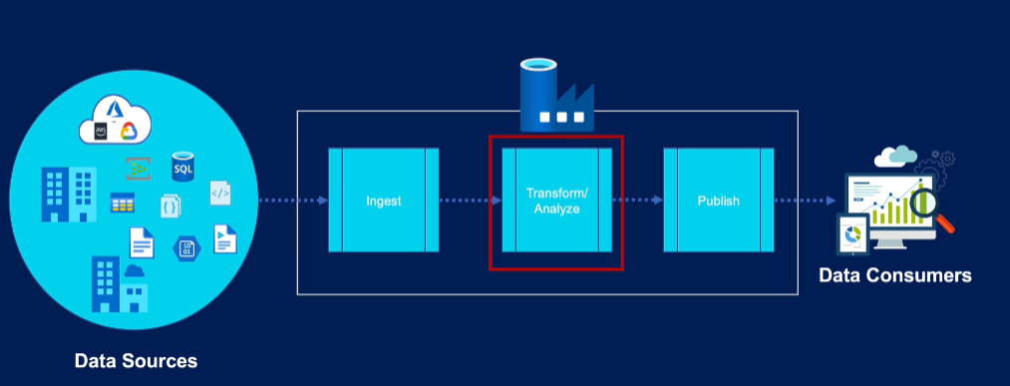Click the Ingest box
click(x=384, y=200)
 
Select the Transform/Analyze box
click(x=555, y=201)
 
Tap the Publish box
click(x=718, y=200)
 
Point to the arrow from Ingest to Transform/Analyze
click(x=471, y=200)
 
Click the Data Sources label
click(x=136, y=360)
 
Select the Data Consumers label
click(x=894, y=275)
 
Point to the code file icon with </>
click(x=221, y=193)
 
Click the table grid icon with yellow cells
click(x=123, y=203)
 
